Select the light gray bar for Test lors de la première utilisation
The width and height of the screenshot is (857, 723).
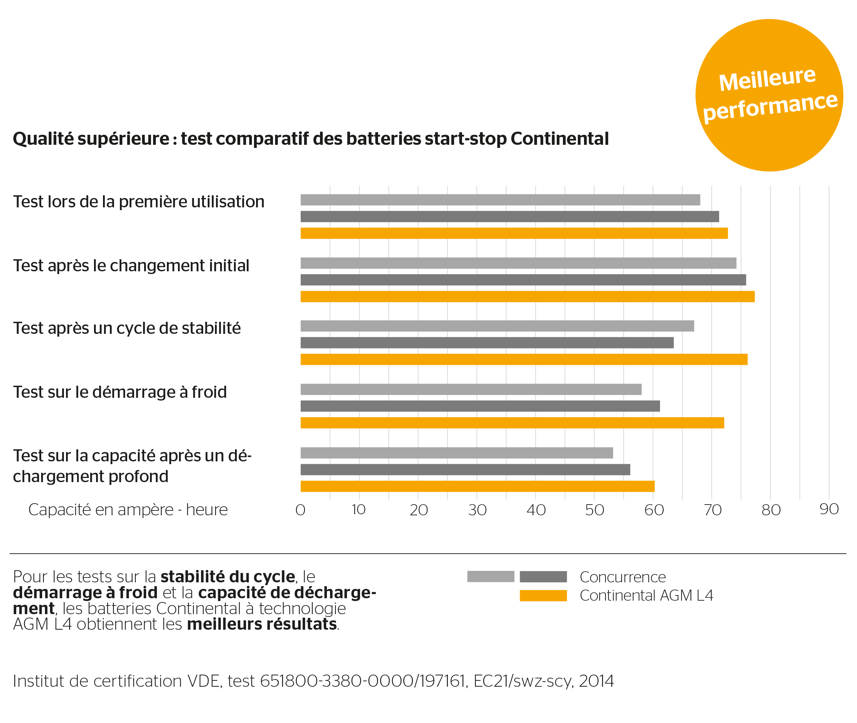click(500, 200)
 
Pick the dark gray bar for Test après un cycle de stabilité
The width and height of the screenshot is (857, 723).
click(487, 342)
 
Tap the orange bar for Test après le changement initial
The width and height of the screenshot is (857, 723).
click(527, 296)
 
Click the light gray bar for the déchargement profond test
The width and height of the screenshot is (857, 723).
click(456, 453)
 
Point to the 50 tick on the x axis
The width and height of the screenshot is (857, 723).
click(594, 510)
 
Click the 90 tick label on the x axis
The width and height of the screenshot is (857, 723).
click(829, 509)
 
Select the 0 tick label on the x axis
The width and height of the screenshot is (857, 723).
click(300, 510)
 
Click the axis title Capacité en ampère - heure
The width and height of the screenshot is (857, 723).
click(128, 510)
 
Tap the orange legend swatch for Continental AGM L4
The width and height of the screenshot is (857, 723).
click(543, 595)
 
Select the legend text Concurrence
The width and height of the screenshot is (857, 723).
click(623, 577)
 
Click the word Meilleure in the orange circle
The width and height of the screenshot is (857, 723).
click(767, 78)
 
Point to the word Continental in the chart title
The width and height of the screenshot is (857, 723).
click(559, 139)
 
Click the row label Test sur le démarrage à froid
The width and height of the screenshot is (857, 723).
click(120, 392)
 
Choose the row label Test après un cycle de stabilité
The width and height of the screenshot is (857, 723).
click(126, 328)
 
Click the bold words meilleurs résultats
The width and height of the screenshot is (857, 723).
click(262, 624)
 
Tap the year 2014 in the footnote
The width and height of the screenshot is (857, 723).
click(596, 681)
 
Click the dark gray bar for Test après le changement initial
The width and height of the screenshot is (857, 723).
click(523, 280)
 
